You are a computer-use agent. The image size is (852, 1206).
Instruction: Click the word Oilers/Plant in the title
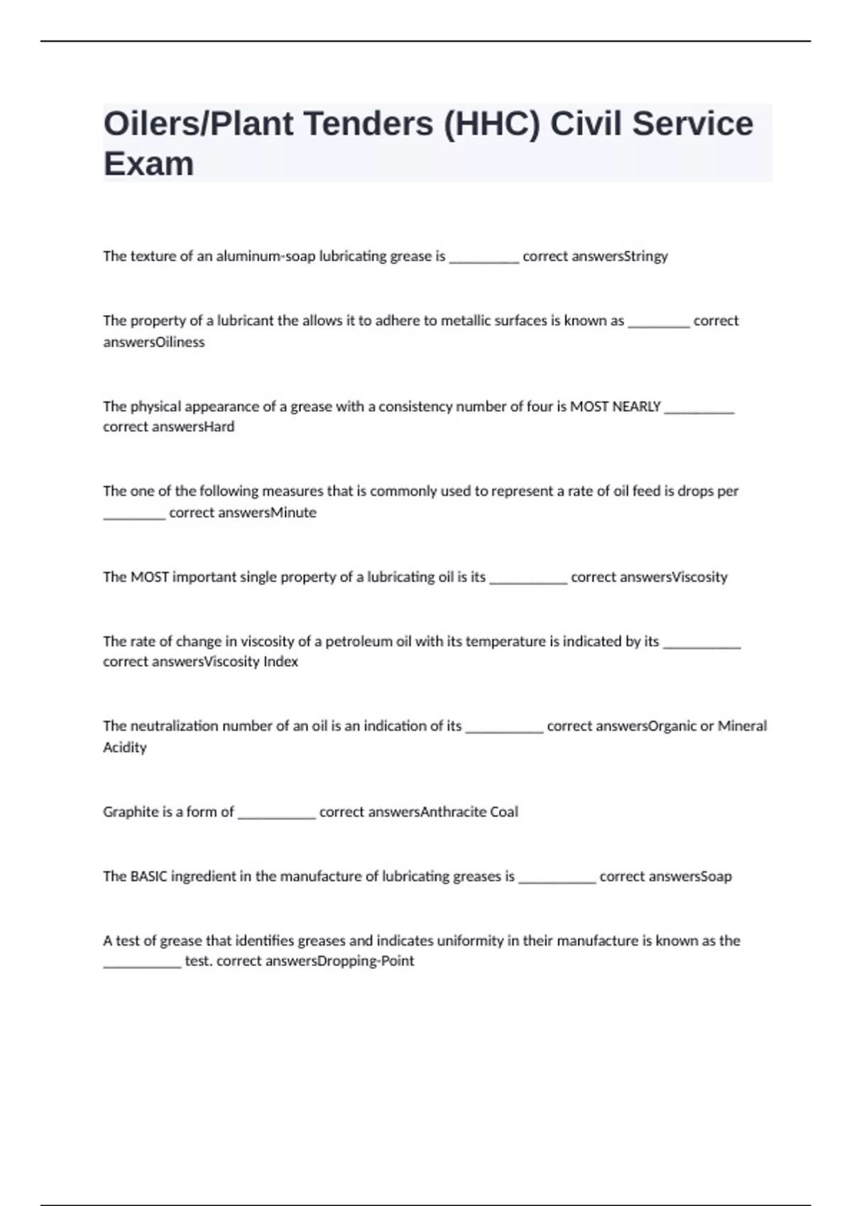198,124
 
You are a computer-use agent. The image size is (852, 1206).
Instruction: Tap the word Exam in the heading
148,165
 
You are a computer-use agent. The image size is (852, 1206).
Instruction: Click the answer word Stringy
645,256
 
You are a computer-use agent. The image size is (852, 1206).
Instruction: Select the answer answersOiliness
153,342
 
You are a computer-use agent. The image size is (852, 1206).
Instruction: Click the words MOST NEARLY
616,406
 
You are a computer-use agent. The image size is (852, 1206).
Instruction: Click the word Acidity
125,747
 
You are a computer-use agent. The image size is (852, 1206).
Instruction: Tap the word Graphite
130,812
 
